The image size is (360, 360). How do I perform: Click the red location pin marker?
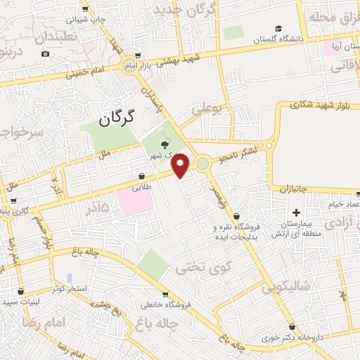click(181, 165)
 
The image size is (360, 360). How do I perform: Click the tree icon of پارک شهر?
click(165, 145)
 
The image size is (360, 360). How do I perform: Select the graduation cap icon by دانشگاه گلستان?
click(279, 29)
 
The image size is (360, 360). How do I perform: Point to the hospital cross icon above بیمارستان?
click(296, 212)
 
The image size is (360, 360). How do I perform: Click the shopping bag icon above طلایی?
click(141, 176)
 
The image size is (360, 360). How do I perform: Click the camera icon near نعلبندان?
click(46, 54)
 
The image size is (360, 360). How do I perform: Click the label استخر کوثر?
click(69, 289)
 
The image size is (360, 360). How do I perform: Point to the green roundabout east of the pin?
click(203, 164)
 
